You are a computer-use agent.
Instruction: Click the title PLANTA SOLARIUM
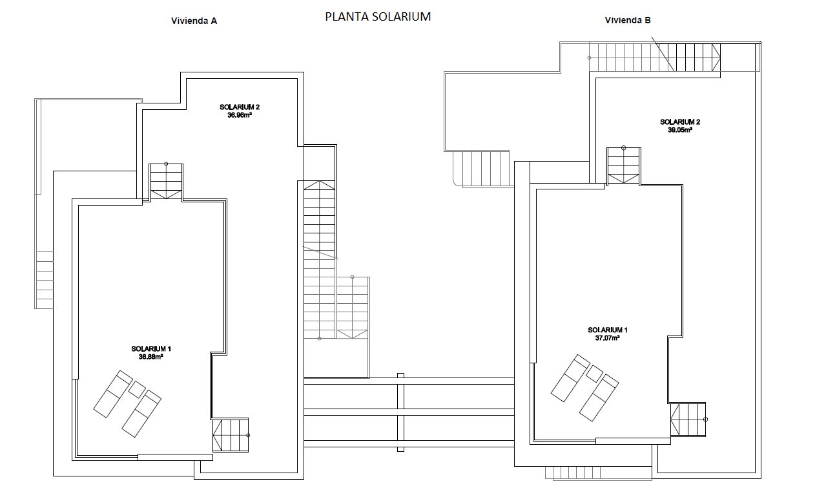coord(378,17)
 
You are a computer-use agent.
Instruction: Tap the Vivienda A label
coord(193,21)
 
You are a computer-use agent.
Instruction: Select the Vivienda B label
coord(628,20)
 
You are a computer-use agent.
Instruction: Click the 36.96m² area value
coord(239,116)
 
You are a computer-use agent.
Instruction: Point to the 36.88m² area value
coord(150,356)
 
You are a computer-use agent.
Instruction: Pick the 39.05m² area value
coord(679,129)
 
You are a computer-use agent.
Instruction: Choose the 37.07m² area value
coord(607,337)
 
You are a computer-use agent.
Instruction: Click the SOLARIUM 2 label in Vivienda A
coord(239,107)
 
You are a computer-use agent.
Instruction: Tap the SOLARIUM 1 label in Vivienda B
coord(607,330)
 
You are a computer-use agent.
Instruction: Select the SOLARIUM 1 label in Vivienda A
coord(150,348)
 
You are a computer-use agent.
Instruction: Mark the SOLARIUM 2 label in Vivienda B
coord(679,122)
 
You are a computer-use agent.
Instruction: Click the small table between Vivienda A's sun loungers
coord(137,389)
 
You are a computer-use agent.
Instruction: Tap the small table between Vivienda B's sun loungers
coord(594,373)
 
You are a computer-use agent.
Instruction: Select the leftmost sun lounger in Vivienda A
coord(113,394)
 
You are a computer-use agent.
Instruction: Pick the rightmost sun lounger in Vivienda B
coord(599,396)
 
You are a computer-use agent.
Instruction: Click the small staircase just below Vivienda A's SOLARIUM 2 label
coord(166,181)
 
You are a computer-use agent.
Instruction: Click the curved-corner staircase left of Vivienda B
coord(480,168)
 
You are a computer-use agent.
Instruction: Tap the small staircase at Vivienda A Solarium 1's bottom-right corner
coord(231,435)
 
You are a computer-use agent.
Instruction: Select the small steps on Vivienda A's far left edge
coord(45,279)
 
